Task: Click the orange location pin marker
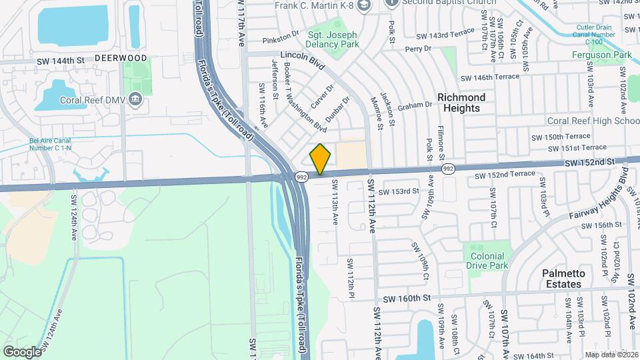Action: pyautogui.click(x=321, y=159)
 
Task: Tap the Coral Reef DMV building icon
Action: pyautogui.click(x=136, y=100)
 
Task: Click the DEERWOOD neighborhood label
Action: pyautogui.click(x=121, y=58)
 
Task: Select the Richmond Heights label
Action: pyautogui.click(x=461, y=103)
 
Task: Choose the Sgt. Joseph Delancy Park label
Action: pyautogui.click(x=333, y=40)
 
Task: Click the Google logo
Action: pyautogui.click(x=22, y=351)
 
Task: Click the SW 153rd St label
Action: pyautogui.click(x=396, y=191)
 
